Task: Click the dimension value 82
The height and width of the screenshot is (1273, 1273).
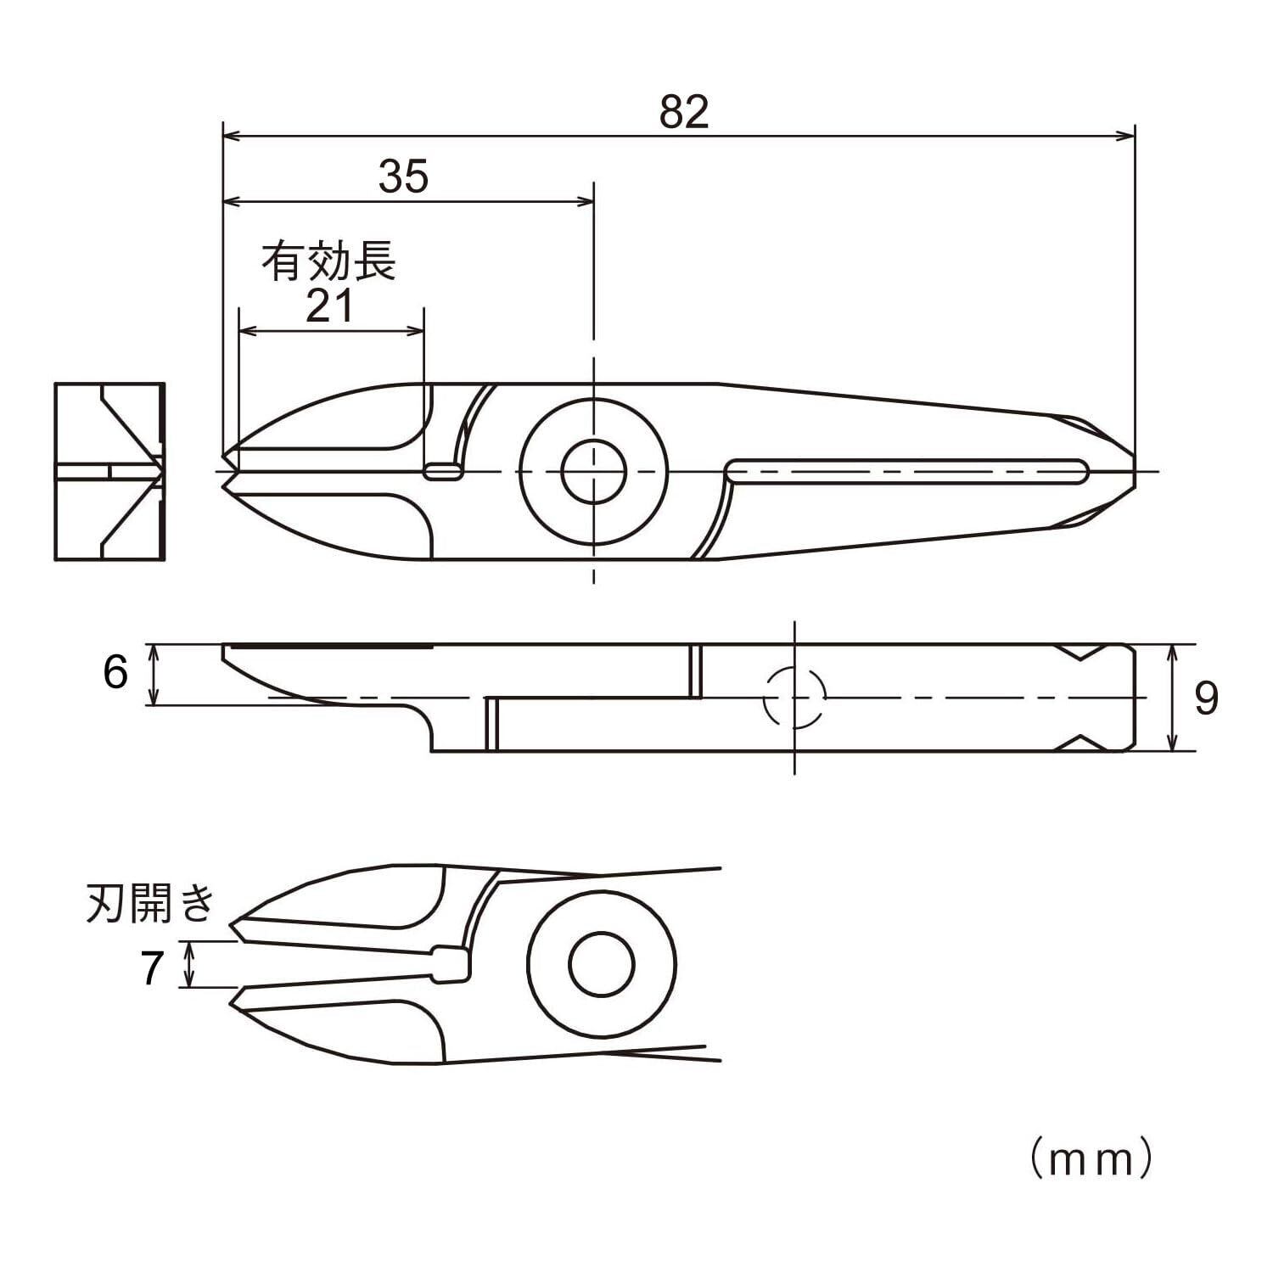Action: click(683, 113)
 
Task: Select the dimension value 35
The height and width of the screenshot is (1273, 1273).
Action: click(403, 177)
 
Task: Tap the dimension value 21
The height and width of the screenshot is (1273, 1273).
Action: click(329, 306)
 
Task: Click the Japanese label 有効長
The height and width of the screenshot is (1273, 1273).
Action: click(328, 261)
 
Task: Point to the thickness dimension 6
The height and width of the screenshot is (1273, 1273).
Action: click(115, 673)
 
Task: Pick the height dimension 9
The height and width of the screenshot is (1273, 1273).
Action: click(1205, 698)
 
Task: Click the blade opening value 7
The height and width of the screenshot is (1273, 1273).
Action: click(152, 968)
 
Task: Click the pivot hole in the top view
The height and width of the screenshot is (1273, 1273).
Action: click(593, 471)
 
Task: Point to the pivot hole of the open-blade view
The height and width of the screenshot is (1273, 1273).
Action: click(602, 965)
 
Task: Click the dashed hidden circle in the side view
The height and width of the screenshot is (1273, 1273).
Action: click(794, 698)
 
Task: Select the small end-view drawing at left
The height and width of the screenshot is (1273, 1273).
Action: click(109, 471)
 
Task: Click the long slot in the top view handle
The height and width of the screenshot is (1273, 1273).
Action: click(908, 471)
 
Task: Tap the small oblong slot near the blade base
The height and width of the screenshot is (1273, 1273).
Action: click(443, 472)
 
